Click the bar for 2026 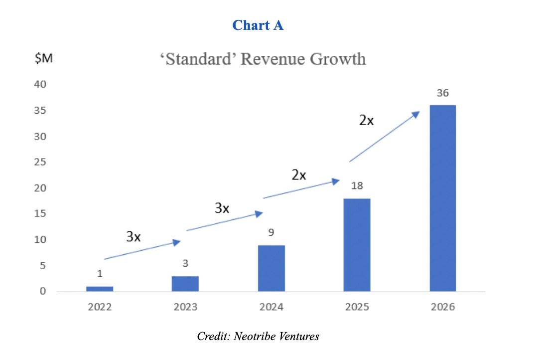[x=442, y=198]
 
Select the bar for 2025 [x=357, y=245]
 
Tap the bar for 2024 [x=271, y=268]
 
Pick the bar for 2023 [x=185, y=284]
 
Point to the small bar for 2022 [x=100, y=289]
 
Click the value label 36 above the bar [x=442, y=93]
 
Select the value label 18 [x=357, y=186]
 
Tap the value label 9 [x=271, y=233]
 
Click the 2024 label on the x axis [x=271, y=307]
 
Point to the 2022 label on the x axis [x=100, y=307]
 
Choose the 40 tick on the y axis [x=40, y=84]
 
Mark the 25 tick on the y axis [x=40, y=162]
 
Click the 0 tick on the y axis [x=43, y=291]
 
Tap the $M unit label [x=43, y=59]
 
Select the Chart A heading [x=258, y=25]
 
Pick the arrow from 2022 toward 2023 [x=142, y=250]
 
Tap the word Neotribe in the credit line [x=251, y=336]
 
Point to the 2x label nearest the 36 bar [x=366, y=120]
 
